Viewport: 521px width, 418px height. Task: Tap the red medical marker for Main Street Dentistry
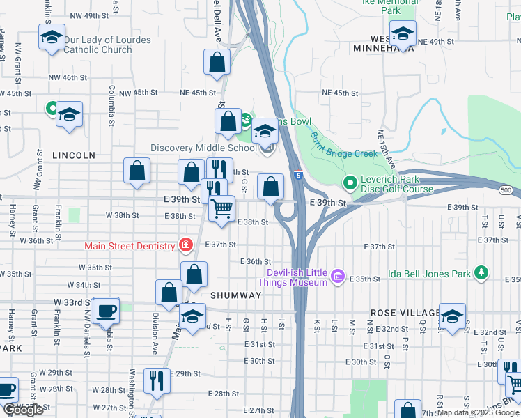185,245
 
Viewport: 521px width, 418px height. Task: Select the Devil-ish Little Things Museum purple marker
338,277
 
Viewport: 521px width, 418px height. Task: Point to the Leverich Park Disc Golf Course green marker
350,183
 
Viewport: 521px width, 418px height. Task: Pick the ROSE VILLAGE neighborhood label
405,313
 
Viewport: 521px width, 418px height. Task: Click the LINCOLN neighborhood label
74,155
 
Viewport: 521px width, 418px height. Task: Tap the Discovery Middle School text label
204,148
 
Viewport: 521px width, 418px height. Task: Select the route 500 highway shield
505,189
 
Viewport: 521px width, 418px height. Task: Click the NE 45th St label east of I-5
340,93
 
